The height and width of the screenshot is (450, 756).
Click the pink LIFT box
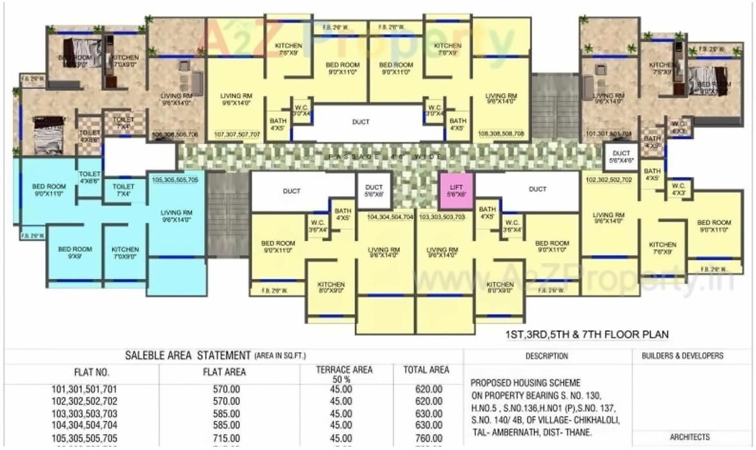coord(457,190)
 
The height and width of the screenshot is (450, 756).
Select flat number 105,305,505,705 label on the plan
coord(175,180)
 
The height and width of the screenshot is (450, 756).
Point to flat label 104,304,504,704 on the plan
coord(390,218)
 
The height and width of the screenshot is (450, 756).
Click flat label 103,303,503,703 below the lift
coord(442,218)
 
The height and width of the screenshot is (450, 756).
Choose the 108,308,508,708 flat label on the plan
coord(501,135)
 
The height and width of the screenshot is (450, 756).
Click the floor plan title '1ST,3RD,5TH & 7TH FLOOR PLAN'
coord(587,335)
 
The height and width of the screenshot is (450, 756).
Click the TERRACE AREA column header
coord(344,374)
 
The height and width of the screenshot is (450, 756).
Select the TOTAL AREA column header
coord(426,370)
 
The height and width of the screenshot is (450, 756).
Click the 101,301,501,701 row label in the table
coord(84,389)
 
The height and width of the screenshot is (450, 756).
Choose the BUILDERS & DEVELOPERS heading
coord(683,356)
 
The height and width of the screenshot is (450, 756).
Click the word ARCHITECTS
coord(690,437)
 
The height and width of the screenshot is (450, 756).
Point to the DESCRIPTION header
coord(547,356)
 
